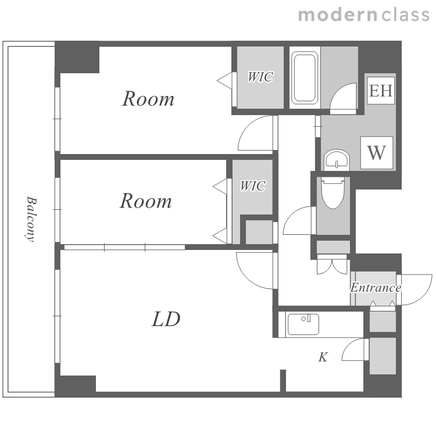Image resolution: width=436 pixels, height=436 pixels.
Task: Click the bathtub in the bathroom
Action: [x=305, y=77]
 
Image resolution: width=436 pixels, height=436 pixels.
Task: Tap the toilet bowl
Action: [x=333, y=193]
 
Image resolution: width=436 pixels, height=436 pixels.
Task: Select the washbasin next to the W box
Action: [x=337, y=160]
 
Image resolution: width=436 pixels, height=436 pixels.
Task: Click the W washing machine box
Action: [x=377, y=153]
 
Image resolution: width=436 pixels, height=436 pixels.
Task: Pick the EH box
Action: [x=381, y=91]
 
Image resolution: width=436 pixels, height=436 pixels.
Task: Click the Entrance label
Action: [x=376, y=287]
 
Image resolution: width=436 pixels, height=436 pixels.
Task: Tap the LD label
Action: [x=166, y=319]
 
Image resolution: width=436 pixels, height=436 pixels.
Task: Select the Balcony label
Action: [x=31, y=219]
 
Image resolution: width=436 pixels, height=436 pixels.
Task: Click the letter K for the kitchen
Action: [x=323, y=357]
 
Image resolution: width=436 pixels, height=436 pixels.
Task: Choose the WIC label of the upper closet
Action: [x=260, y=77]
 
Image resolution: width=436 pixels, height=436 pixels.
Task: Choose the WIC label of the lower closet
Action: [x=253, y=186]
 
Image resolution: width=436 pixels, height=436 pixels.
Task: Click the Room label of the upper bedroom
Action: [x=148, y=99]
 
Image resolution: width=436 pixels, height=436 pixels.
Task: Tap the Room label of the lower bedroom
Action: [x=146, y=201]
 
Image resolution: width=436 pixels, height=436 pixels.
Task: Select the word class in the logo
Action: [x=405, y=15]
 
